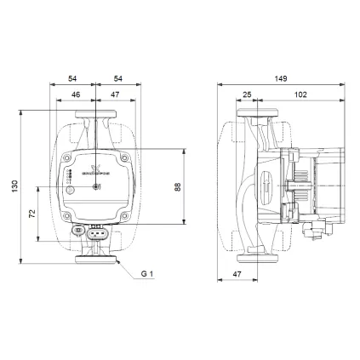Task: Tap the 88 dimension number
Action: [177, 186]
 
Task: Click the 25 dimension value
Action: [247, 94]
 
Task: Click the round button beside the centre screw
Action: [97, 187]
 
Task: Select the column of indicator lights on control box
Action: [69, 176]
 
